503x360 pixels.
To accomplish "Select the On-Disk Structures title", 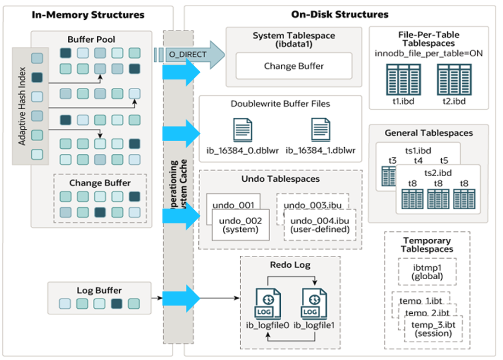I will coord(339,14).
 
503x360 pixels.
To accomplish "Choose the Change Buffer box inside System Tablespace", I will coord(294,66).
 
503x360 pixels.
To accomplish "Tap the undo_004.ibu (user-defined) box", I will coord(320,225).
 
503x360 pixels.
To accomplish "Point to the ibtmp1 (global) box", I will coord(428,271).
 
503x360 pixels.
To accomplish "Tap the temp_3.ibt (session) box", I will coord(432,329).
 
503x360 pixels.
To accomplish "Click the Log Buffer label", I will coord(99,290).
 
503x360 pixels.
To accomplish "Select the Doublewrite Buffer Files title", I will coord(280,104).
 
